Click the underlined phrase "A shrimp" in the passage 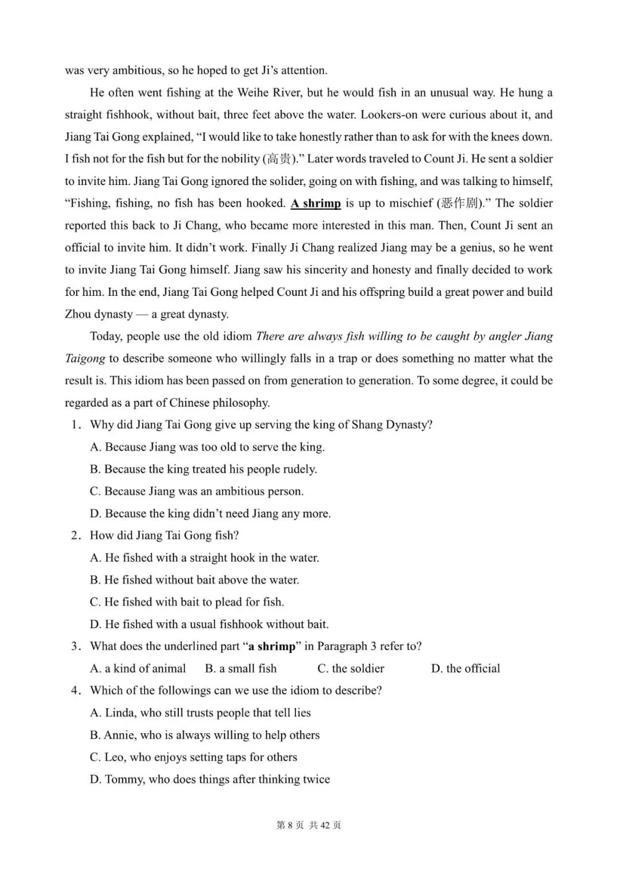point(315,203)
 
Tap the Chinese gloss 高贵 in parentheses point(278,159)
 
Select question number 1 point(74,425)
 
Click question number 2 point(74,536)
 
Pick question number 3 point(74,646)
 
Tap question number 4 point(74,690)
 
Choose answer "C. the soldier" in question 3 point(351,669)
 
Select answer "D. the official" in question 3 point(465,669)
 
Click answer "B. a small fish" point(241,669)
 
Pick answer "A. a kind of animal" point(138,669)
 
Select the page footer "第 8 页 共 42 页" point(308,825)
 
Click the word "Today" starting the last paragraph point(105,336)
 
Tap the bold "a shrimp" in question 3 point(272,646)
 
